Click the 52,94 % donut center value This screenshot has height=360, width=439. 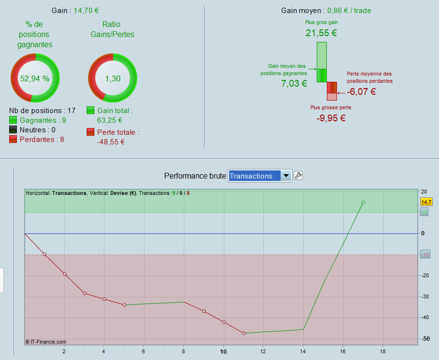point(35,78)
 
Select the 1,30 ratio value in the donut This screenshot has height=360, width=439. point(113,79)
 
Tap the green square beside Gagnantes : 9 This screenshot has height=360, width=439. point(13,120)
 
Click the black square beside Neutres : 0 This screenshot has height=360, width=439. point(13,130)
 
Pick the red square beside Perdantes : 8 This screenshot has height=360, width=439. point(13,140)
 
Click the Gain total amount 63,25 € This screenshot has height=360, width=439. point(110,120)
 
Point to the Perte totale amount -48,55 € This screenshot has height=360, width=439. point(111,141)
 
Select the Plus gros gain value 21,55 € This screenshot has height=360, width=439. point(321,33)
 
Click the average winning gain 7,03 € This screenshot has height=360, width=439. point(294,83)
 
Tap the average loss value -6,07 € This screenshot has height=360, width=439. point(362,91)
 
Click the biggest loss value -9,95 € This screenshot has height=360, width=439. point(331,118)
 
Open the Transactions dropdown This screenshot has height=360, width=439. point(260,176)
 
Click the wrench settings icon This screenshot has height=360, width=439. point(298,176)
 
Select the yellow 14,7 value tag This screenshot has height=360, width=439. point(426,202)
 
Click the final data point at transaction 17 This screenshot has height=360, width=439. point(363,203)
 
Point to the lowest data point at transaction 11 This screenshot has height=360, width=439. point(244,333)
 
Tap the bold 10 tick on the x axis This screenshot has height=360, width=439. point(223,351)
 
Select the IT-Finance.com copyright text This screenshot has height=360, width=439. point(46,342)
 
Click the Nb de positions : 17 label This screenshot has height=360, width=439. point(42,110)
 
